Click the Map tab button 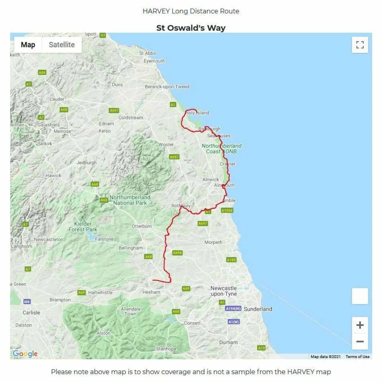(x=28, y=45)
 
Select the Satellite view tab (x=62, y=45)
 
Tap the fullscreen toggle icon (x=360, y=45)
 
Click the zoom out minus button (x=360, y=341)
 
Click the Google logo (x=25, y=354)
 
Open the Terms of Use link (x=358, y=357)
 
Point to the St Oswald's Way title (x=191, y=28)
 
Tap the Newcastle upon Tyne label (x=224, y=291)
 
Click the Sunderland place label (x=258, y=309)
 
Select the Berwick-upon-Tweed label (x=167, y=87)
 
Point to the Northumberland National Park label (x=130, y=200)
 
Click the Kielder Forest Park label (x=83, y=227)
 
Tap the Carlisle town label (x=31, y=312)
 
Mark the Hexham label (x=151, y=292)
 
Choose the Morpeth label (x=213, y=242)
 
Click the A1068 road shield (x=227, y=210)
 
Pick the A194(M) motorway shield (x=233, y=309)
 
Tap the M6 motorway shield (x=27, y=302)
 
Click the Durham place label (x=229, y=342)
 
